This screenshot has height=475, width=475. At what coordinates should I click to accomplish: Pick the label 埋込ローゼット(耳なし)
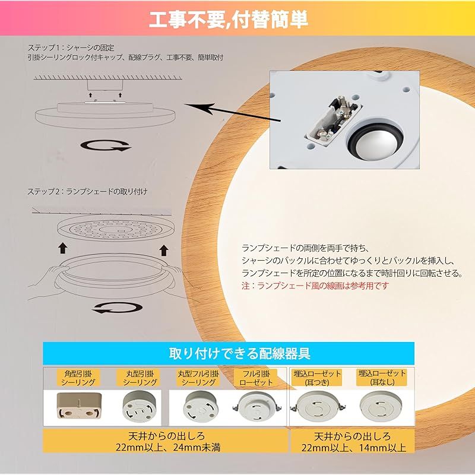382,378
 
